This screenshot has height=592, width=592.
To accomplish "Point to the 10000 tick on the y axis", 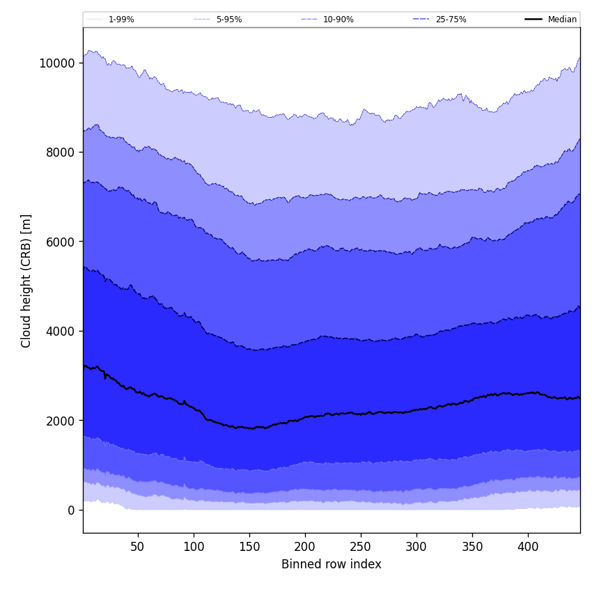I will click(56, 63).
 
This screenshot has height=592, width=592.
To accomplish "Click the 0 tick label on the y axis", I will click(70, 510).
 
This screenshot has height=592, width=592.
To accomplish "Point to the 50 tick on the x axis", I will click(138, 547).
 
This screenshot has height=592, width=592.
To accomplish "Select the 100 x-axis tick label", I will click(194, 547).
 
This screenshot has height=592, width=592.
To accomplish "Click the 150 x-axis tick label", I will click(249, 547).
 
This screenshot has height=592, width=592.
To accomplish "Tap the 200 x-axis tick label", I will click(305, 547).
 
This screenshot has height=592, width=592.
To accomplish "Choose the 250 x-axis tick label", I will click(361, 547).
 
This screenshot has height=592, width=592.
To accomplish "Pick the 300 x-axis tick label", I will click(416, 547).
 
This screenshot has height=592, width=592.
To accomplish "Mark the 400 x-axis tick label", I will click(528, 547).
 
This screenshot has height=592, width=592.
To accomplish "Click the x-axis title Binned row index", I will click(332, 564).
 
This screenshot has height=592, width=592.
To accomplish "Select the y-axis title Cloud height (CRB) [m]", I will click(26, 281).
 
